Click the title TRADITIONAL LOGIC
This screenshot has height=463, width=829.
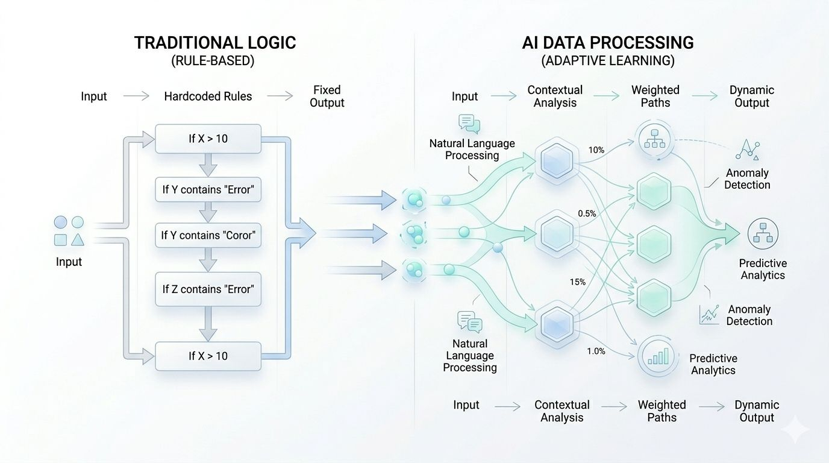point(215,43)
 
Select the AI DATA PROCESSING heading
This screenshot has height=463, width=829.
point(607,43)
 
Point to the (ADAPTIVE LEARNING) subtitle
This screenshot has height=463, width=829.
point(607,61)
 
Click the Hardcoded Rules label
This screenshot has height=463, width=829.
point(208,96)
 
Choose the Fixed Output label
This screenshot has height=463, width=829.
point(327,96)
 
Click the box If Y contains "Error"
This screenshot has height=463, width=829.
point(208,189)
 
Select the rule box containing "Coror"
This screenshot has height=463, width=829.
point(208,235)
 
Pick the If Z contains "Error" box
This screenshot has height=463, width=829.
point(208,289)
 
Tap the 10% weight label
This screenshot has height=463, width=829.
point(596,150)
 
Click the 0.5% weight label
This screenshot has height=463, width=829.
point(587,213)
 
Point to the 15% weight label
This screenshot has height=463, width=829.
point(577,282)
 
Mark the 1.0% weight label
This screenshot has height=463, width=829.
point(596,351)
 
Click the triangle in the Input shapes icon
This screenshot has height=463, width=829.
point(77,240)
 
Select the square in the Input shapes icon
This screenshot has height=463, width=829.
point(60,240)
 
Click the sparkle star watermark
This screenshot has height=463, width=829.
point(795,430)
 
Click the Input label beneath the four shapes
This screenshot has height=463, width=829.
point(69,262)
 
